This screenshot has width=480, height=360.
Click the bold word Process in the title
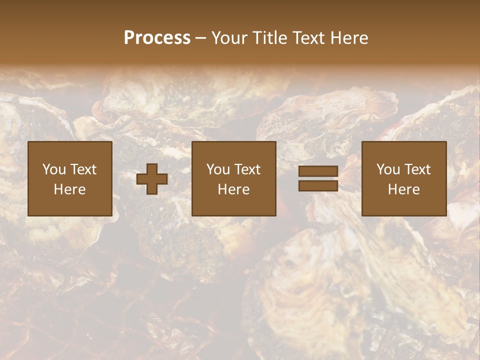tap(157, 38)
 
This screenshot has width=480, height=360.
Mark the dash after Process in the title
tap(201, 38)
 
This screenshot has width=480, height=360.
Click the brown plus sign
tap(152, 179)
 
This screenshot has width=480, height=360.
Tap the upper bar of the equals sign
tap(318, 171)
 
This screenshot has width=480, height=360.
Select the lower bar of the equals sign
tap(318, 186)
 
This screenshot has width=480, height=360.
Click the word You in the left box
tap(54, 169)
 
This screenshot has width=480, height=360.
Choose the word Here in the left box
tap(69, 189)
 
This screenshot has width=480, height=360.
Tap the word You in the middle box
tap(218, 169)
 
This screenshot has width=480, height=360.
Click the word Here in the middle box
tap(233, 189)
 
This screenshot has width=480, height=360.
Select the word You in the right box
tap(388, 169)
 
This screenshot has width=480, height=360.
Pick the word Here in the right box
tap(403, 189)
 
